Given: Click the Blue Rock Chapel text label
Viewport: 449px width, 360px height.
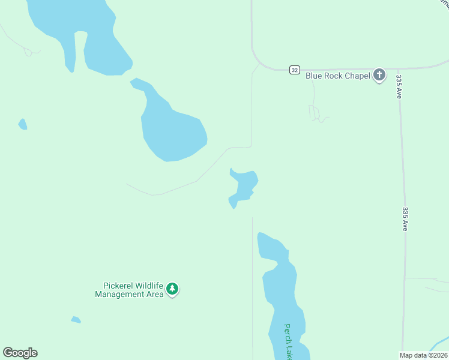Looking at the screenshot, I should [x=337, y=76].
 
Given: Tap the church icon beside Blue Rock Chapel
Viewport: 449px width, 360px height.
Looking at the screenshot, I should [x=379, y=76].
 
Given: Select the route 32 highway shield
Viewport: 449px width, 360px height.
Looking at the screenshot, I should [x=294, y=70].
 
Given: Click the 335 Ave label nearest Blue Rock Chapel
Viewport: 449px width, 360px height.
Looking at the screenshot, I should [x=399, y=86].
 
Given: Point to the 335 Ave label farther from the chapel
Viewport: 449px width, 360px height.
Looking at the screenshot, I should [x=406, y=219].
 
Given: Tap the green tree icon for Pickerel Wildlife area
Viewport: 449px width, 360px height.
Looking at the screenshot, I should [x=172, y=289].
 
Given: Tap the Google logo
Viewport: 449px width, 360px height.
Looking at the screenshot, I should [x=20, y=353].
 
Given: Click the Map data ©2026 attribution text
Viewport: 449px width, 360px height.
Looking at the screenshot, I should [x=423, y=355].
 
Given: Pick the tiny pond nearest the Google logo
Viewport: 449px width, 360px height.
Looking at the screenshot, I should [x=76, y=320].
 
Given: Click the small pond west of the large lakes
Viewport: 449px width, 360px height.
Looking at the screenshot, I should [x=23, y=124].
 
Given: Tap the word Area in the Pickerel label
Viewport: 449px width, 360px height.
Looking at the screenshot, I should [x=154, y=294].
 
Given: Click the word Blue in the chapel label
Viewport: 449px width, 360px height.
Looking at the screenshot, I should [x=314, y=76].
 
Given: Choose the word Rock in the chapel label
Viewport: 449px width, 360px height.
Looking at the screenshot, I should [x=333, y=76].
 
